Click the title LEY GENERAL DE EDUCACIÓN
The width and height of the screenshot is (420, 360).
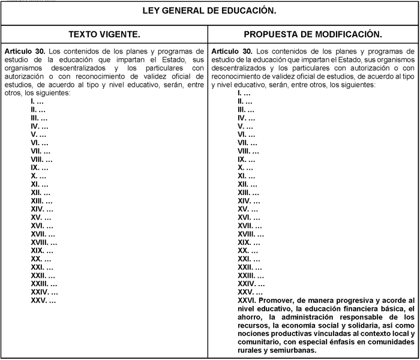(209, 11)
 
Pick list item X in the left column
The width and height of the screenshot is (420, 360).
(35, 176)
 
